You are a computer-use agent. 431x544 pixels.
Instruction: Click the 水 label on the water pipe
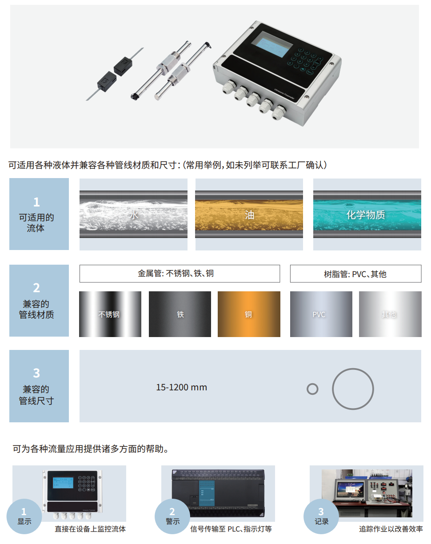(x=134, y=215)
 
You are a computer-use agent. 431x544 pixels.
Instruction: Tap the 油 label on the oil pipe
(x=249, y=215)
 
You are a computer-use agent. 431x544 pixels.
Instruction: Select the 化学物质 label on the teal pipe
(x=366, y=215)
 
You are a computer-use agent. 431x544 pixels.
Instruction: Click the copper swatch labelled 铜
(x=249, y=314)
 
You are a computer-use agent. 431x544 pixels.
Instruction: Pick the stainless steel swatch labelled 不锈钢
(x=109, y=314)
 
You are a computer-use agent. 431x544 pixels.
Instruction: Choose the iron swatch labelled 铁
(x=180, y=314)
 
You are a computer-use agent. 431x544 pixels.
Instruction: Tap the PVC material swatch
(x=319, y=314)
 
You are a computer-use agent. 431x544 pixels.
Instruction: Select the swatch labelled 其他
(x=389, y=314)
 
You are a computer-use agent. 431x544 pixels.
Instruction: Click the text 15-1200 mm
(x=181, y=387)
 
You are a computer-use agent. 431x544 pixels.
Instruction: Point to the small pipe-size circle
(x=312, y=389)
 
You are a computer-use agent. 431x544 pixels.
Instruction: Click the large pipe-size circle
(x=353, y=389)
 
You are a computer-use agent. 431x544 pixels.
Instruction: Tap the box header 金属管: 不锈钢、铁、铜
(x=180, y=274)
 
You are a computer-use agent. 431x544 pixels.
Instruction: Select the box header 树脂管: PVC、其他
(x=355, y=274)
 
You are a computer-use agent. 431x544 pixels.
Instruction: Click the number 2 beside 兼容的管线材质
(x=36, y=288)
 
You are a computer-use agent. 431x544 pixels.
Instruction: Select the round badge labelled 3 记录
(x=321, y=517)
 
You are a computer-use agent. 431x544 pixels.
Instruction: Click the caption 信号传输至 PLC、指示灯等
(x=231, y=529)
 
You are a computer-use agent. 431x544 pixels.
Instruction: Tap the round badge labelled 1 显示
(x=24, y=517)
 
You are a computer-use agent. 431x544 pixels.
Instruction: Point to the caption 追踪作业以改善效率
(x=391, y=529)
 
